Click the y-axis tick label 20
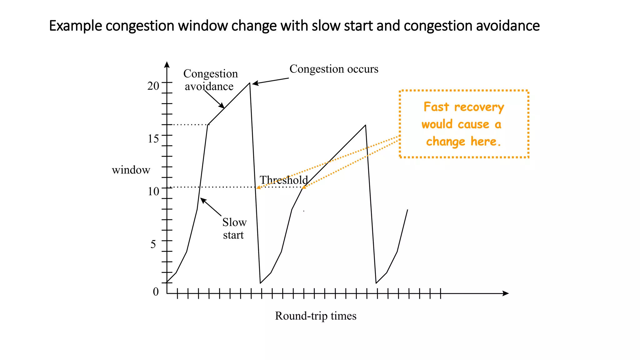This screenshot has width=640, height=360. click(153, 86)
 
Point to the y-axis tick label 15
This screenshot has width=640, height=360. click(153, 138)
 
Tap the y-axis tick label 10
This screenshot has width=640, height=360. click(153, 191)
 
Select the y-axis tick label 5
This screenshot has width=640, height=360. click(153, 244)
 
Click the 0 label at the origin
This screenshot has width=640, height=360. click(156, 292)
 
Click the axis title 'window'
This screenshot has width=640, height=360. click(131, 170)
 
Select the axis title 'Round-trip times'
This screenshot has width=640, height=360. click(315, 316)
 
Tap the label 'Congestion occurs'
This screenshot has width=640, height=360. click(334, 69)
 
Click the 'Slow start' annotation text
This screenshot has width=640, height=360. click(234, 229)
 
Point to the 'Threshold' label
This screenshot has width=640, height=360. click(283, 180)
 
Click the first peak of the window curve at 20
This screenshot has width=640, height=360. click(249, 83)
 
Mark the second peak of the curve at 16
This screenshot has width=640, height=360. click(365, 125)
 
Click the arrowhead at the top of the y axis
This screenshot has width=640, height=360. click(167, 64)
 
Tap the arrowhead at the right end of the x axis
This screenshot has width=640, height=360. click(506, 293)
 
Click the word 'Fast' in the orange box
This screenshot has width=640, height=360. click(436, 107)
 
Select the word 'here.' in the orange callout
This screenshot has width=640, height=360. click(486, 142)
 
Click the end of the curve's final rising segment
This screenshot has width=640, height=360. click(407, 210)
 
